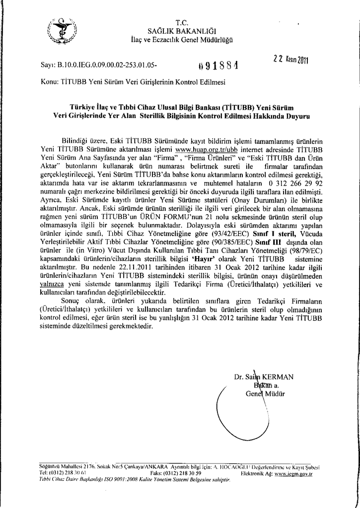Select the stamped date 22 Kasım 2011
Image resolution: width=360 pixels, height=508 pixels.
tap(291, 60)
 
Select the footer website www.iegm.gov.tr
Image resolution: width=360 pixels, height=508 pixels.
tap(293, 474)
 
